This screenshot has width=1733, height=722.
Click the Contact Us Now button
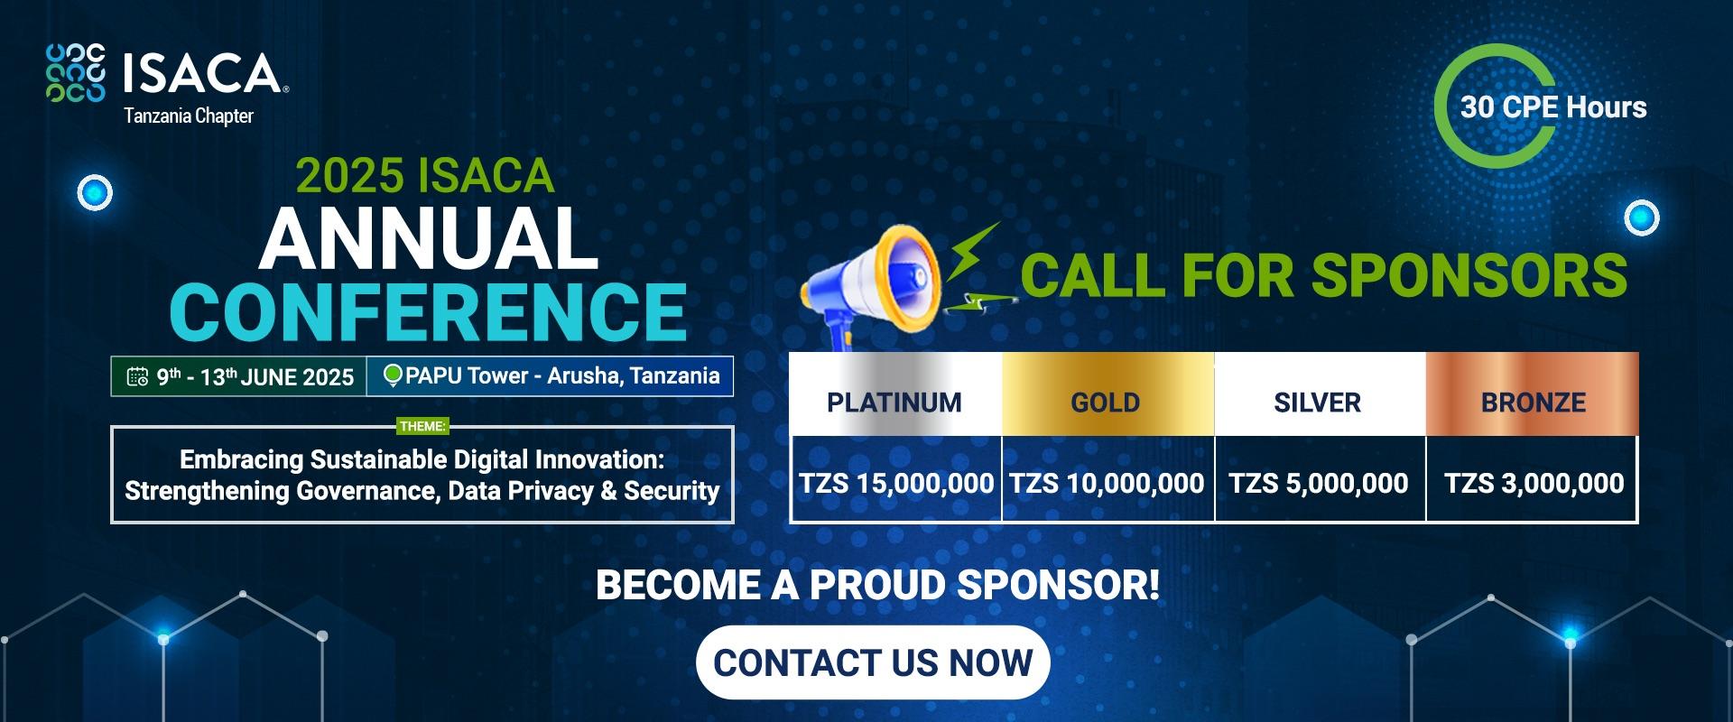pos(873,662)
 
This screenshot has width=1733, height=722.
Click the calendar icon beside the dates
pos(137,377)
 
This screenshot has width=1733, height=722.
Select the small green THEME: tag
pos(422,426)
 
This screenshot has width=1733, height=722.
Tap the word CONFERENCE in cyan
pos(428,311)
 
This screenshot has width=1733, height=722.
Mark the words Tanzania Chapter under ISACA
pos(189,116)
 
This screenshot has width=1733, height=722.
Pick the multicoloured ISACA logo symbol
pos(76,72)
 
